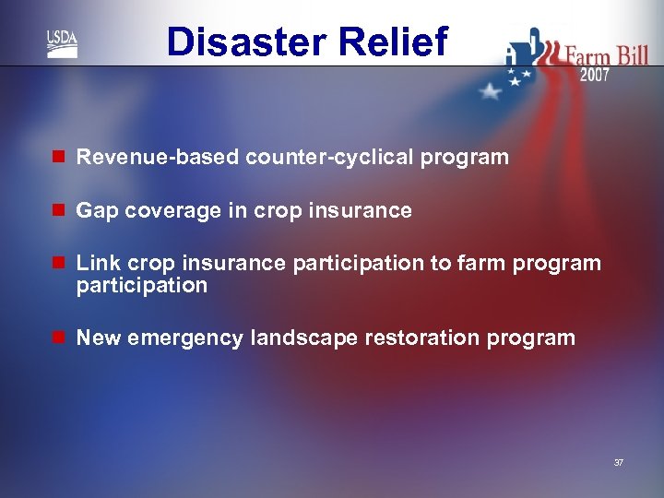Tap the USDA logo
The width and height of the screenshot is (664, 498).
63,43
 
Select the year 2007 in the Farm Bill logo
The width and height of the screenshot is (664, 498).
594,76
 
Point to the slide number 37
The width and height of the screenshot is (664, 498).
618,462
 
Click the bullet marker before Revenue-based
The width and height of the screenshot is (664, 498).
58,158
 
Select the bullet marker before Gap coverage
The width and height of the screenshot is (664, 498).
58,211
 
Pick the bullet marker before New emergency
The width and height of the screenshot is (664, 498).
58,338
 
